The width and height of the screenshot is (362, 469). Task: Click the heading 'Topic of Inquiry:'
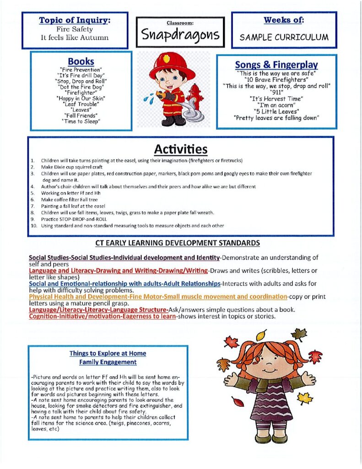pos(75,20)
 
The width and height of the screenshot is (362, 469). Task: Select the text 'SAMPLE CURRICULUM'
pos(284,37)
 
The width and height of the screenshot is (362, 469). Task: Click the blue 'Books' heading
pos(81,61)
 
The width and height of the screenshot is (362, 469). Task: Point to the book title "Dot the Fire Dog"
pos(81,87)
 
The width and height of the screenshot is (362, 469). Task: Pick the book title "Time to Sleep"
pos(81,121)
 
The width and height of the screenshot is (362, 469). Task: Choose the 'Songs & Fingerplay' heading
pos(276,65)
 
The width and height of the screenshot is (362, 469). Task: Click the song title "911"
pos(276,92)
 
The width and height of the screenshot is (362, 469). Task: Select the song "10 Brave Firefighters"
pos(276,79)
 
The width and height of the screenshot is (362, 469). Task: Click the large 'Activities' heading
pos(180,149)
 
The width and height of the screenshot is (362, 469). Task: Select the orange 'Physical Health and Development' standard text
pos(158,297)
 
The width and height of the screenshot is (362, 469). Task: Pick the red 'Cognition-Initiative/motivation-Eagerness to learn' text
pos(103,316)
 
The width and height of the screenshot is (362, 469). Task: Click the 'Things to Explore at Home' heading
pos(108,353)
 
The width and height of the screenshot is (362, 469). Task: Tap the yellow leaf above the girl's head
pos(261,336)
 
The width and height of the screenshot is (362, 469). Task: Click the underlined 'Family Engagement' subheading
pos(108,362)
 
